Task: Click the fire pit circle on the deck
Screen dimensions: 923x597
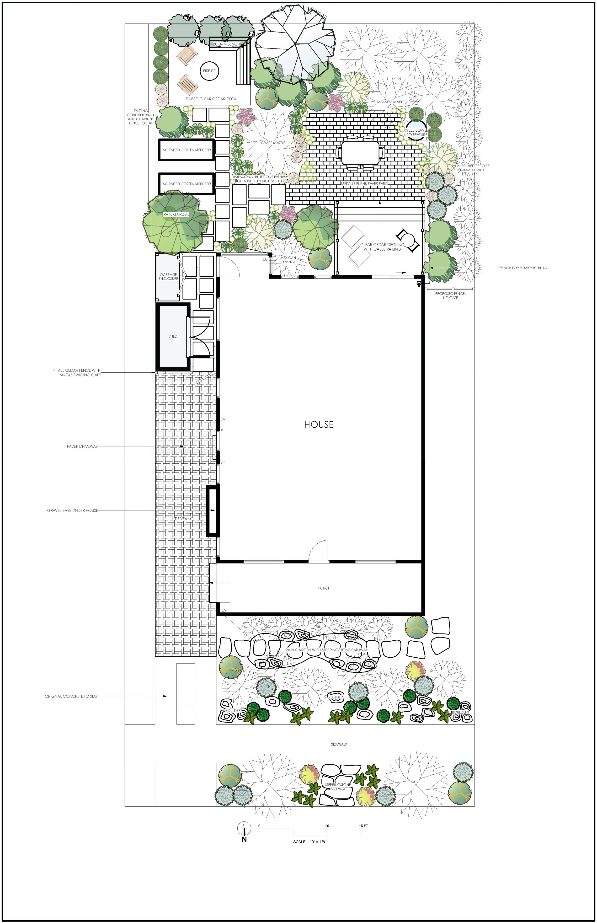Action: [x=209, y=71]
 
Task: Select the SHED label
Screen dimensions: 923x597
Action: [x=173, y=336]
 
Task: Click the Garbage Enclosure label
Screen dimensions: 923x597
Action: [x=168, y=277]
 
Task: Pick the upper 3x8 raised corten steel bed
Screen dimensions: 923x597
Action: [x=187, y=150]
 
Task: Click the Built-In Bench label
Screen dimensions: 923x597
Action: [x=226, y=44]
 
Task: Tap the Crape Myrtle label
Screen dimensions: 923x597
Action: [x=273, y=143]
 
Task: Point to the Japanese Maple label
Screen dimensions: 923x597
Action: [x=390, y=102]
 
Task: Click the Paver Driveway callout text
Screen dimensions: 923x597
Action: [x=82, y=446]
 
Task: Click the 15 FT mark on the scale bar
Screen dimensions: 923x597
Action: [x=363, y=826]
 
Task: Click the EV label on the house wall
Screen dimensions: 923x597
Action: [x=223, y=419]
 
